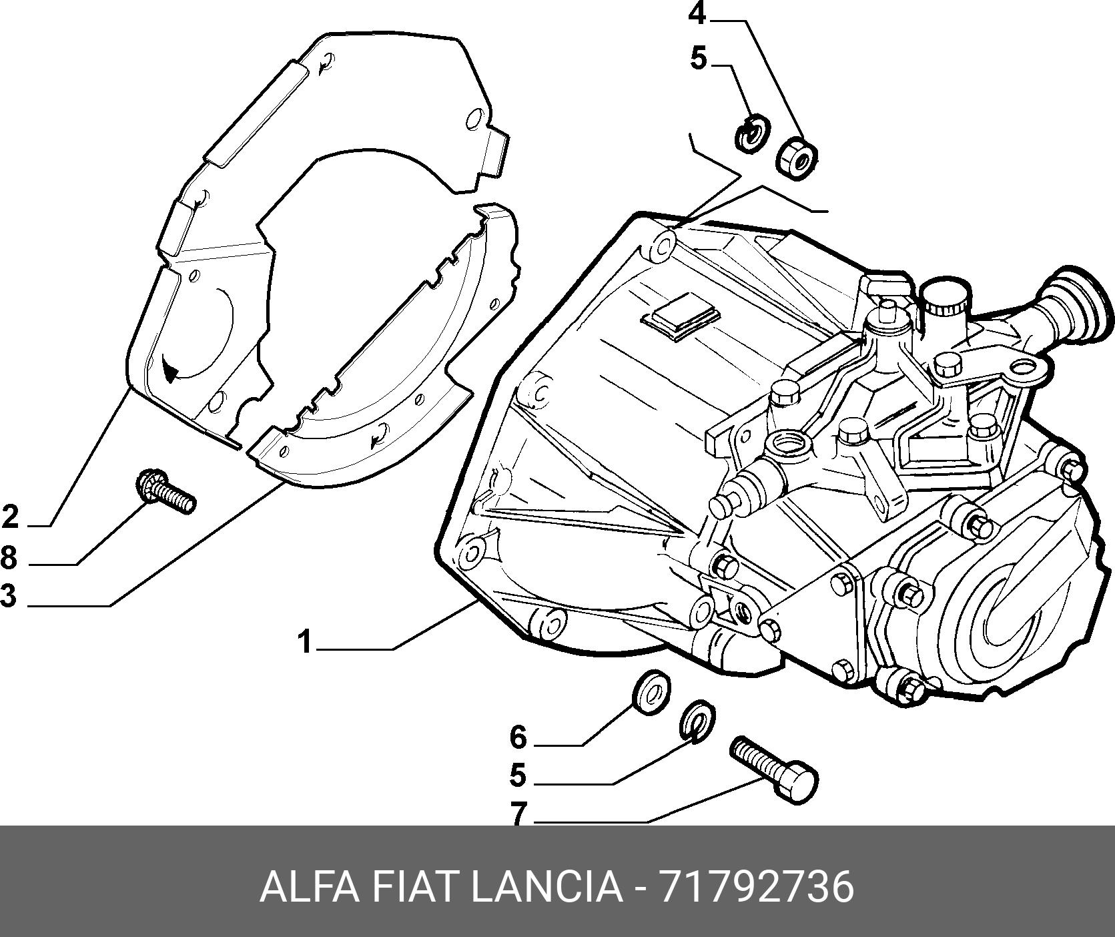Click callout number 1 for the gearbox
click(x=305, y=643)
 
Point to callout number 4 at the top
click(x=697, y=13)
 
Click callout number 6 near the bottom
click(x=518, y=737)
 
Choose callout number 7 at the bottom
click(x=518, y=814)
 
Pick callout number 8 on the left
click(x=9, y=557)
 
